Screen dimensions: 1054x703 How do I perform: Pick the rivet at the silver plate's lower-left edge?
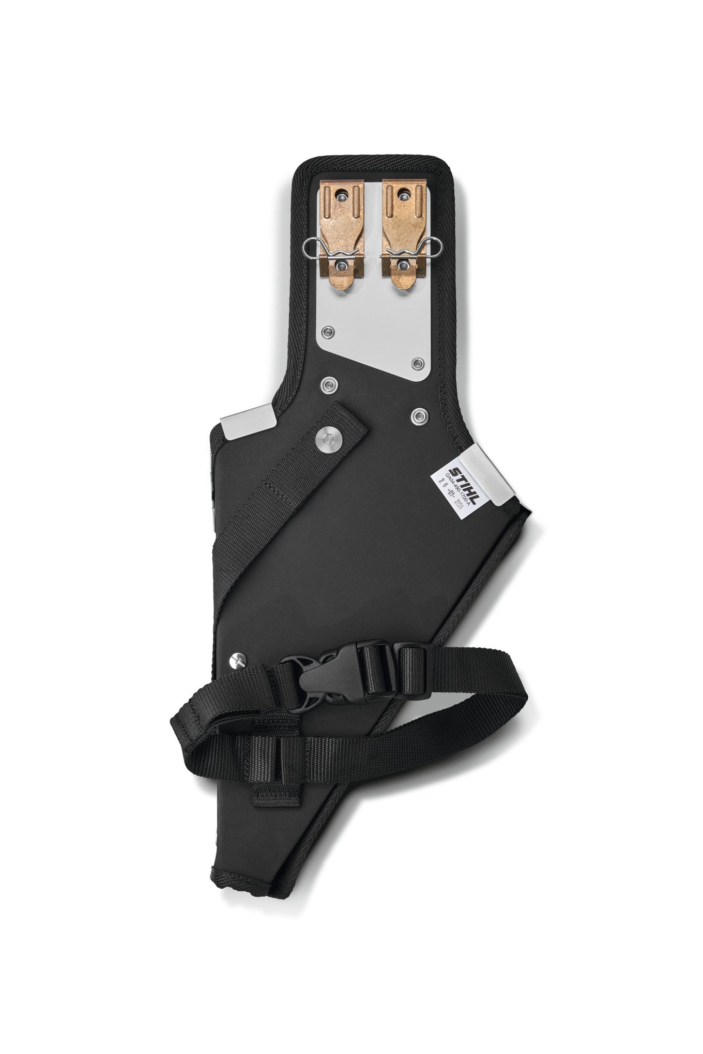pyautogui.click(x=327, y=331)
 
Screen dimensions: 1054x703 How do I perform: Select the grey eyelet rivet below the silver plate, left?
pyautogui.click(x=327, y=384)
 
